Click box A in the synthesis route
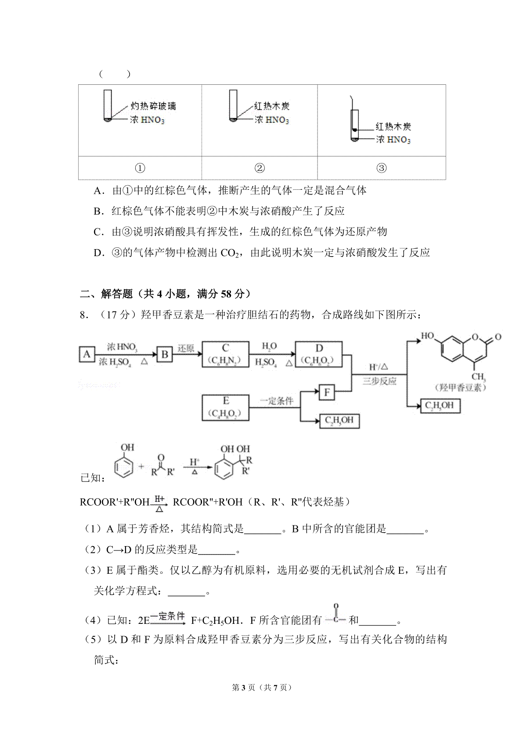[x=87, y=354]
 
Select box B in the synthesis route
[x=165, y=354]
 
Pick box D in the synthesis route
[x=319, y=354]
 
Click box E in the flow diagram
[x=225, y=407]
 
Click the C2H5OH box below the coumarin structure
[x=440, y=406]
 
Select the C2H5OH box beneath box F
[x=339, y=421]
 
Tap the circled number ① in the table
[x=140, y=168]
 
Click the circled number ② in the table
[x=260, y=168]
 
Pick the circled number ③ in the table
[x=382, y=168]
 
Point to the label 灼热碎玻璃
[x=153, y=106]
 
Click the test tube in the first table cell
[x=108, y=105]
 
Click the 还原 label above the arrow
[x=186, y=348]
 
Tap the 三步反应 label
[x=379, y=381]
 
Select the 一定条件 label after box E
[x=276, y=401]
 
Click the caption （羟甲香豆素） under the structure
[x=460, y=387]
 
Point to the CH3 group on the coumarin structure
[x=478, y=377]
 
